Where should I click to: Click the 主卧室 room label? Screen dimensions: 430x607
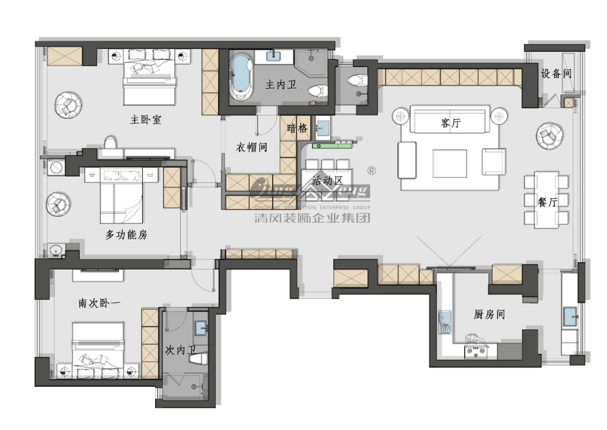[x=146, y=119]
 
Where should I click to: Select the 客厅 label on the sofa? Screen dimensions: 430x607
[x=450, y=123]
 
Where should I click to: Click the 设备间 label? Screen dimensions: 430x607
[x=556, y=73]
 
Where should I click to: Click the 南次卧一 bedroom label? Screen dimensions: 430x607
[x=99, y=303]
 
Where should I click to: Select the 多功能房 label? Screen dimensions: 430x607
[x=126, y=235]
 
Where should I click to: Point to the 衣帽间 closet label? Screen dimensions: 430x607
[x=251, y=147]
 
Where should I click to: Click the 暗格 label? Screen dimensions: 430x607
[x=297, y=128]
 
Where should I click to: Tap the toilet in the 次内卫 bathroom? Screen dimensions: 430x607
[x=199, y=359]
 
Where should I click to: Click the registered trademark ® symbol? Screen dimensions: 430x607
[x=371, y=170]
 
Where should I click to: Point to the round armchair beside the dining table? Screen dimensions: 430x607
[x=549, y=135]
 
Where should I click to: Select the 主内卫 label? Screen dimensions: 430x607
[x=279, y=85]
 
